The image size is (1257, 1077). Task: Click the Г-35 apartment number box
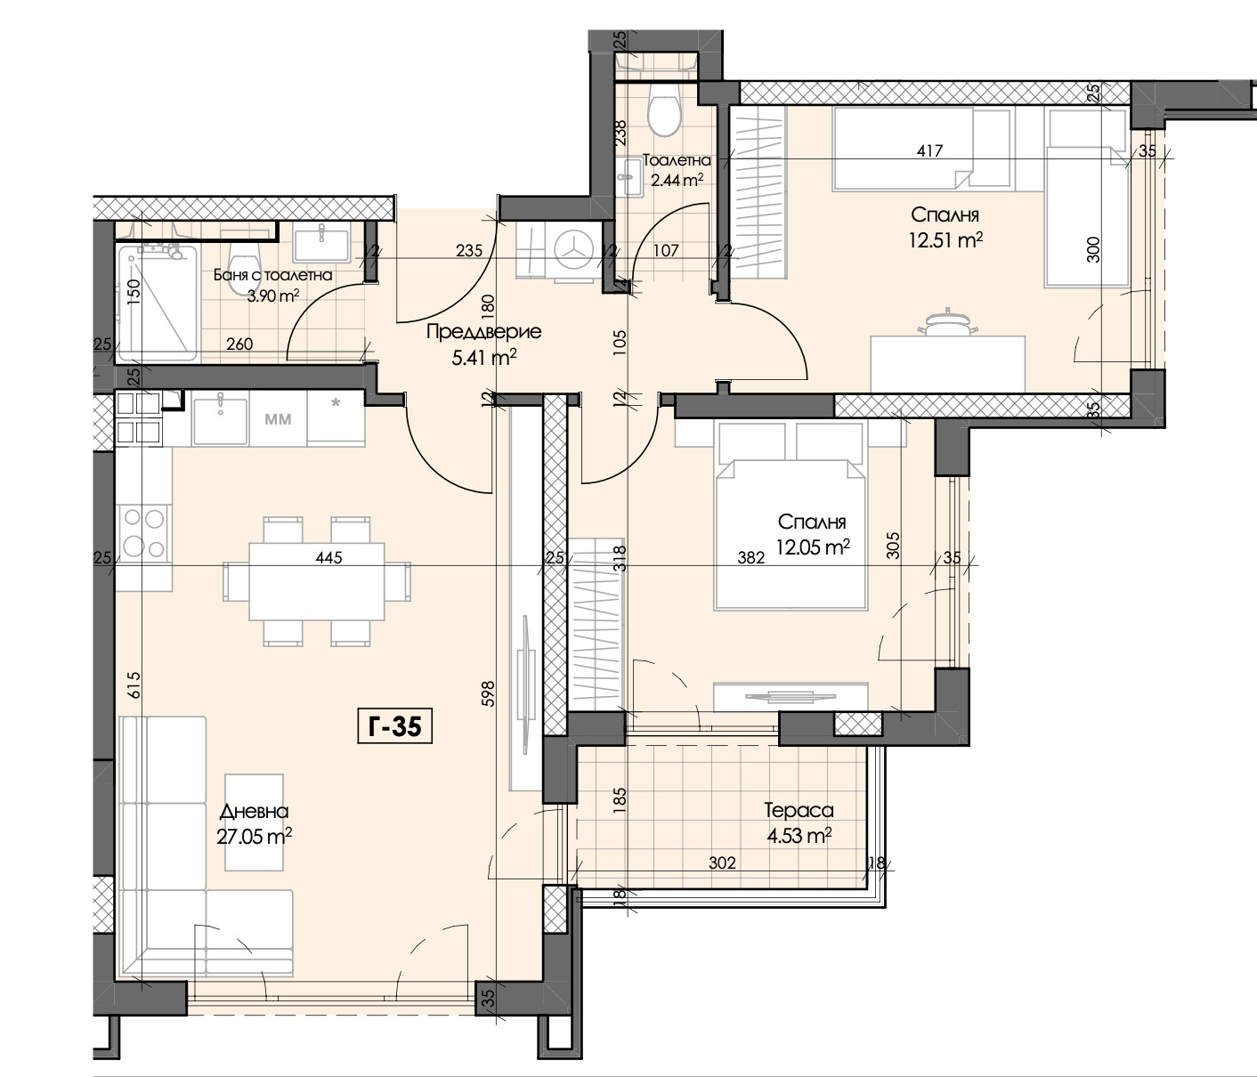point(394,726)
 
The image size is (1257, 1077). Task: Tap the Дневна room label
point(254,811)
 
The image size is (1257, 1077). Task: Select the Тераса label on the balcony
point(799,810)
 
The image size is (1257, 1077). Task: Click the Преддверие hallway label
point(483,331)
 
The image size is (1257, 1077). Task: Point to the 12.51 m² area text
point(945,240)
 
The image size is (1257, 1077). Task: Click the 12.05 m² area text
point(813,547)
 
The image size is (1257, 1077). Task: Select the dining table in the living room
point(316,581)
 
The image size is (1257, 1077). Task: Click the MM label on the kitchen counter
point(278,419)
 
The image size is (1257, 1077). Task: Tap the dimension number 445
point(329,557)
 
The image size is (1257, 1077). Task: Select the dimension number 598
point(489,693)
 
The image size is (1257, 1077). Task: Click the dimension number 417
point(929,150)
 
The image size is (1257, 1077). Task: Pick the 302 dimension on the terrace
point(722,862)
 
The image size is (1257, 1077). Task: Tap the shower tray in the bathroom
point(158,304)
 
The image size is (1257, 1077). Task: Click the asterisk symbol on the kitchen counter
point(336,402)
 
